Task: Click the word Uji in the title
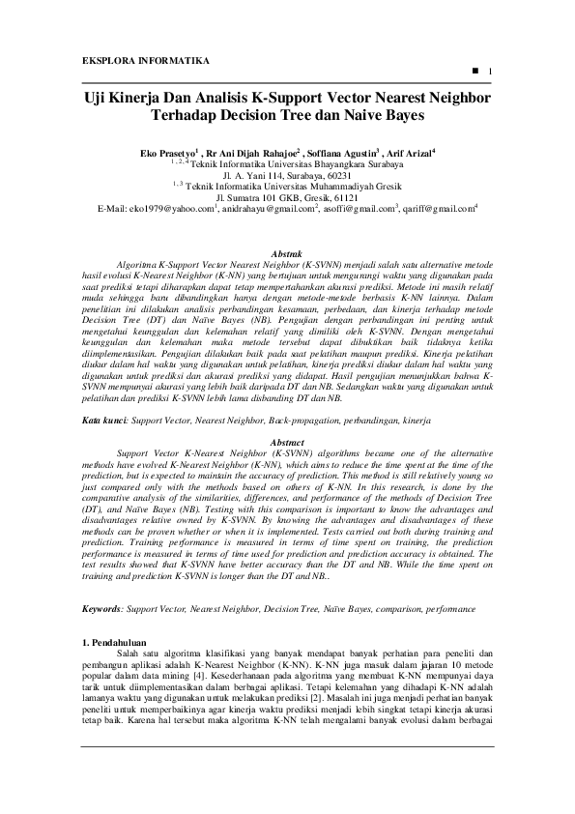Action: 93,98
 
